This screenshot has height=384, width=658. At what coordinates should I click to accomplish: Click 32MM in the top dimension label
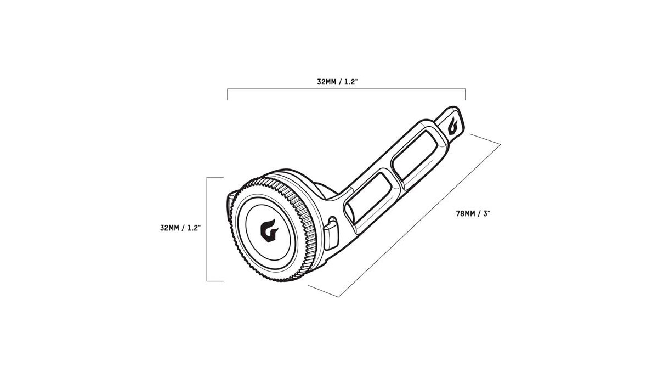[x=326, y=82]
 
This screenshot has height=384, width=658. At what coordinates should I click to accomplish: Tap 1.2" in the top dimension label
[x=351, y=82]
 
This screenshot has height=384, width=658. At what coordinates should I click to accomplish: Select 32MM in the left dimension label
[x=169, y=228]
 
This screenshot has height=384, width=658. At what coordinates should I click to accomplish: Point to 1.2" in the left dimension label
[x=194, y=228]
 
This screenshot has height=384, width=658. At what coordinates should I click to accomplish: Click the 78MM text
[x=466, y=213]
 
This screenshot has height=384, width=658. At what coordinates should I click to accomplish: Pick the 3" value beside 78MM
[x=487, y=213]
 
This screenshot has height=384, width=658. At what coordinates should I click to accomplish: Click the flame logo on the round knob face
[x=269, y=230]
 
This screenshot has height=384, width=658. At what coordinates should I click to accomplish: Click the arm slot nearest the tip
[x=418, y=156]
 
